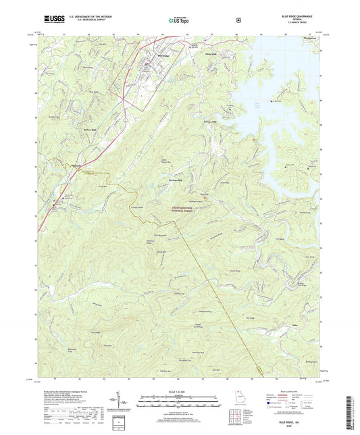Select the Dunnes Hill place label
[209, 122]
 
